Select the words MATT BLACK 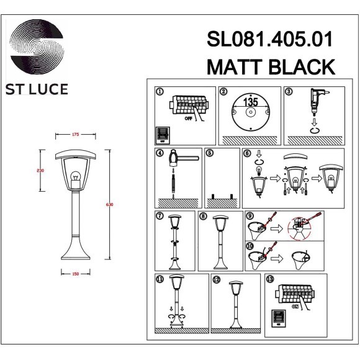coord(271,66)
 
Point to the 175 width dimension coord(75,134)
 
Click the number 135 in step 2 coord(250,102)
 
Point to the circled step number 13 coord(269,279)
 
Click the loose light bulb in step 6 coord(258,171)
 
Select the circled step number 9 coord(250,216)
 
